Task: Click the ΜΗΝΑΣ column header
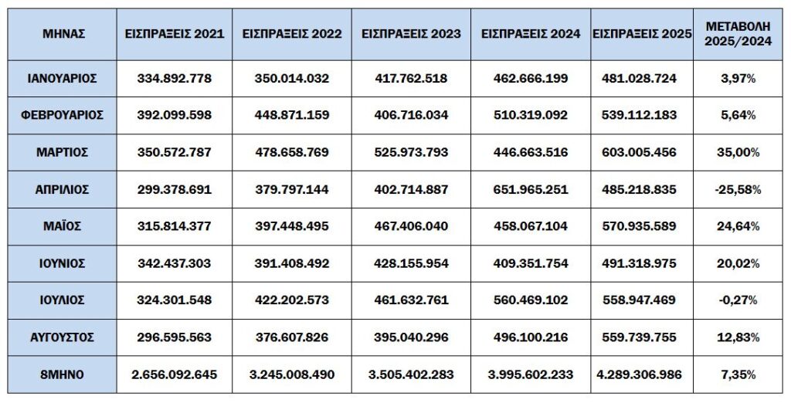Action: click(x=64, y=34)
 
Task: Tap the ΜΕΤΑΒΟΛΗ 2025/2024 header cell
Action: click(x=733, y=34)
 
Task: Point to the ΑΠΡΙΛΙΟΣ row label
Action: click(x=64, y=189)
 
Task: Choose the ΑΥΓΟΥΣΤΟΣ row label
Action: click(x=64, y=337)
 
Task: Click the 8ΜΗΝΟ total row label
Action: click(x=64, y=374)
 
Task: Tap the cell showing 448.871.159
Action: click(x=292, y=115)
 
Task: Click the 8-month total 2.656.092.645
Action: click(x=175, y=374)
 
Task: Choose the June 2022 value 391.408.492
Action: click(x=292, y=263)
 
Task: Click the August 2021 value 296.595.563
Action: click(x=175, y=337)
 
